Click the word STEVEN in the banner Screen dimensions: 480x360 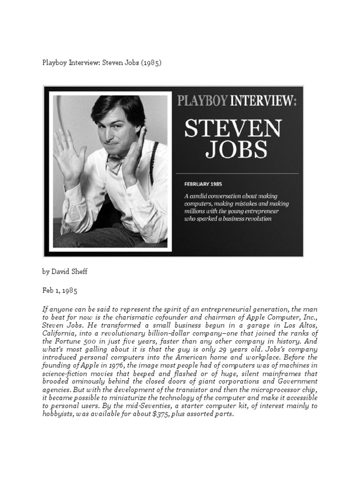tap(233, 129)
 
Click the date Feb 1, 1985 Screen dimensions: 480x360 tap(60, 290)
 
